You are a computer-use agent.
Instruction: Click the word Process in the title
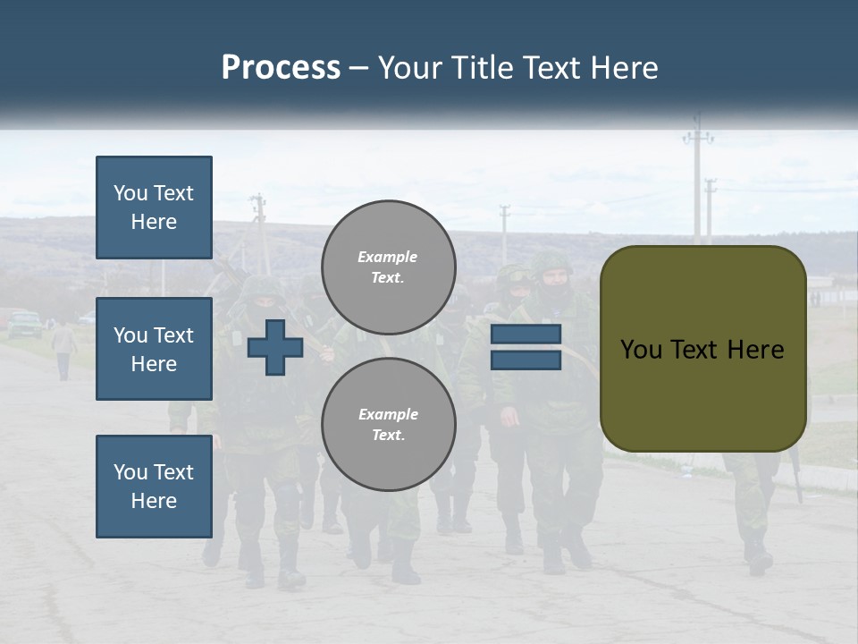coord(281,67)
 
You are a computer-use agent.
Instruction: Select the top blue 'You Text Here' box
coord(154,208)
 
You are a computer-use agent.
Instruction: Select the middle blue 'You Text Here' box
coord(154,349)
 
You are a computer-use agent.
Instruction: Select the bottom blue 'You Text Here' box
coord(154,486)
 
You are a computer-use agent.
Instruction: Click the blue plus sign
coord(275,348)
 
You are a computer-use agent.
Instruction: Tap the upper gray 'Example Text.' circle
coord(388,267)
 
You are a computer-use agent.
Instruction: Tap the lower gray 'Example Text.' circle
coord(388,424)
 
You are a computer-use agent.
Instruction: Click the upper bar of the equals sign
coord(526,335)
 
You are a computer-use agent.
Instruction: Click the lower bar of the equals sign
coord(526,360)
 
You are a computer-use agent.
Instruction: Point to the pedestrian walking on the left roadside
coord(63,349)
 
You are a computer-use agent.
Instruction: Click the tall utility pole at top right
coord(698,179)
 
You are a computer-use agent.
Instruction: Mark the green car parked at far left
coord(24,323)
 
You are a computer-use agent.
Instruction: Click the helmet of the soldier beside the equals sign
coord(551,265)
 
